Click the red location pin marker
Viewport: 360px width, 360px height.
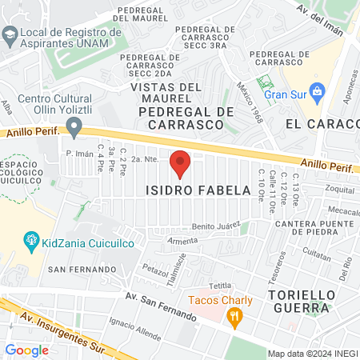[180, 162]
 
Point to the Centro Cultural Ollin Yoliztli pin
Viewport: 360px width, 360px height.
[74, 126]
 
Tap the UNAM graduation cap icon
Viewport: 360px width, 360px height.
[9, 34]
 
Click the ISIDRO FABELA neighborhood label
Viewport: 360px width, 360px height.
[190, 190]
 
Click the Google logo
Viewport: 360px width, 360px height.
[26, 350]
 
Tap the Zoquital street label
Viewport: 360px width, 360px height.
[340, 190]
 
